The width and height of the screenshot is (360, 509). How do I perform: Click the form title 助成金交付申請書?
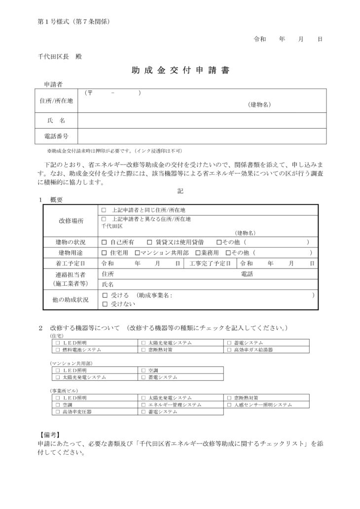tap(180, 71)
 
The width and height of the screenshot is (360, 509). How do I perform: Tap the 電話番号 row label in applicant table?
tap(56, 136)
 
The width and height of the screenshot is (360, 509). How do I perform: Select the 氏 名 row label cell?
tap(56, 120)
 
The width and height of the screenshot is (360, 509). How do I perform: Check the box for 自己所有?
tap(104, 242)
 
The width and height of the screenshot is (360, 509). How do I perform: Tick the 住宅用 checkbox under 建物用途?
tap(104, 253)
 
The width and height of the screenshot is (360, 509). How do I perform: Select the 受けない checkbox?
tap(104, 305)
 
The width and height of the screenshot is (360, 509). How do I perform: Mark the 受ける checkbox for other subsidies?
tap(104, 295)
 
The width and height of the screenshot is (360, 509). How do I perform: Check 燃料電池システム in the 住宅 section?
tap(58, 349)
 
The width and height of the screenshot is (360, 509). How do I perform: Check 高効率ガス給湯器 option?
tap(229, 349)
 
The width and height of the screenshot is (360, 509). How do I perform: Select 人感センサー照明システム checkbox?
tap(229, 405)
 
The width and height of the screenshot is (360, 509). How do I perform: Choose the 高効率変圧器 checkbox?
tap(58, 411)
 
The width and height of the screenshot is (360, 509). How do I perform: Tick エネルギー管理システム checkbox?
tap(144, 405)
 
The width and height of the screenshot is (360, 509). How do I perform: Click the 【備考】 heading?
tap(49, 435)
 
